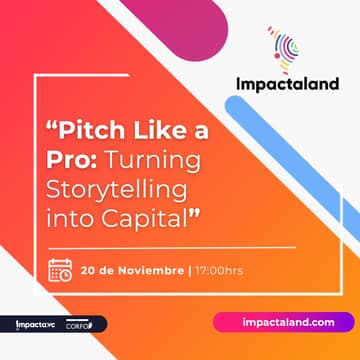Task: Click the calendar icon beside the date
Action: tap(60, 270)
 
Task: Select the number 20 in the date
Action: tap(90, 270)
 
